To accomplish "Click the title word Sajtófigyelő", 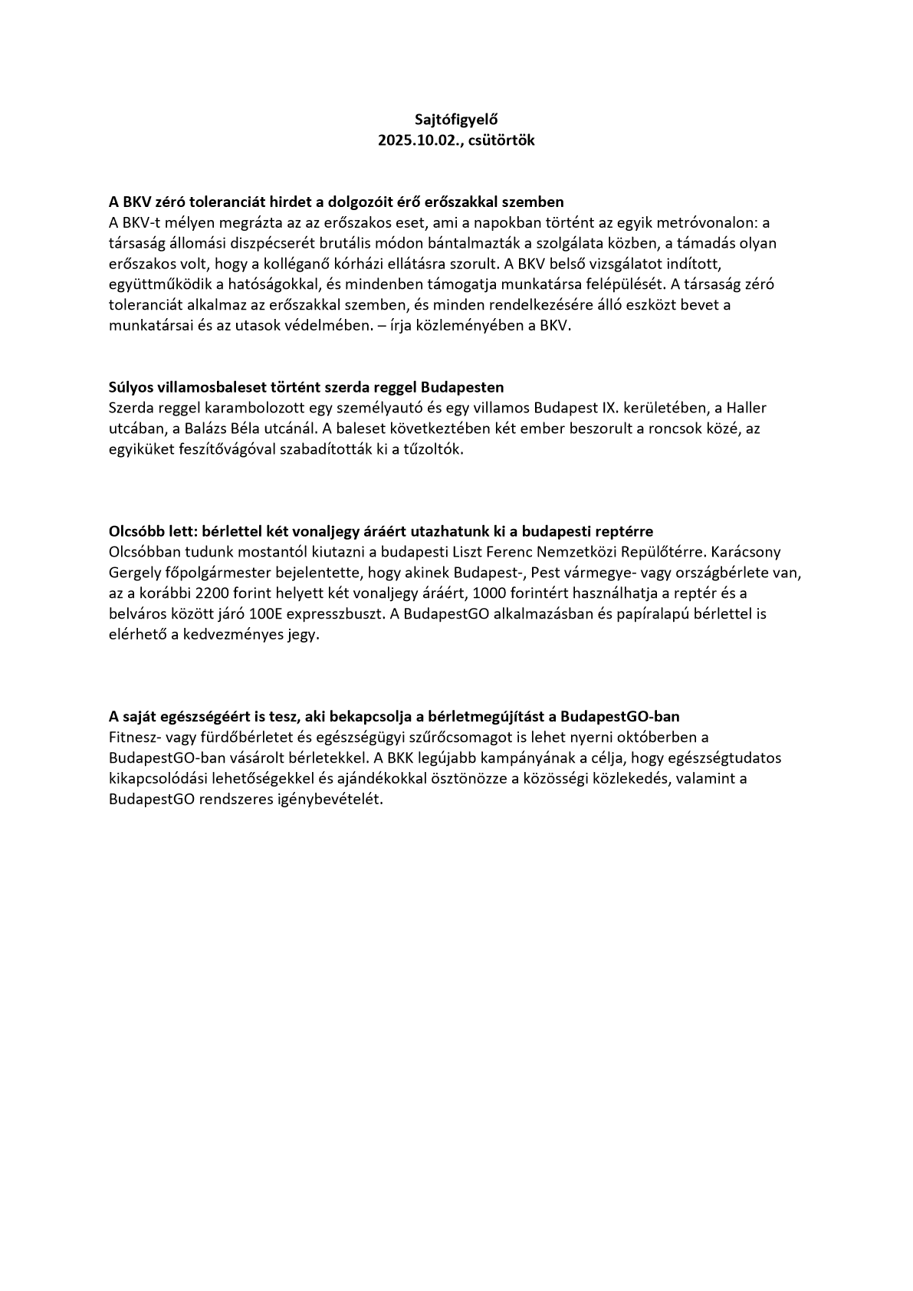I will pyautogui.click(x=456, y=120).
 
